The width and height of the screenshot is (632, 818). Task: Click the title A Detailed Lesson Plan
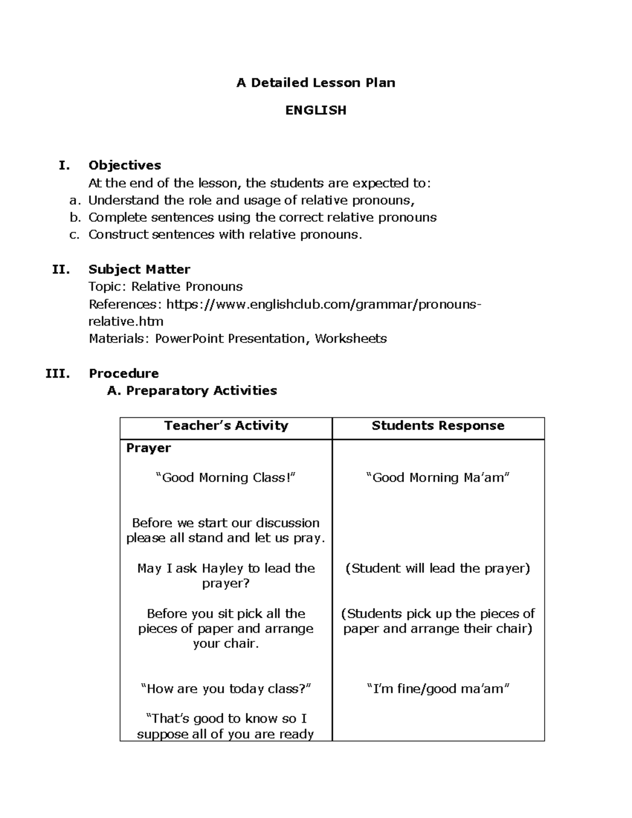(x=315, y=83)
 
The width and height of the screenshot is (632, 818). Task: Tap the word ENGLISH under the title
(x=315, y=110)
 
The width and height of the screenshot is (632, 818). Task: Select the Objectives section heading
(x=125, y=165)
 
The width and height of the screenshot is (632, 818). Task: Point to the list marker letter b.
(x=74, y=218)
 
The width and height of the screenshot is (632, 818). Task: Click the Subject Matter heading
(x=139, y=270)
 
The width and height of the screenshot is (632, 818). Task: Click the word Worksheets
(x=351, y=339)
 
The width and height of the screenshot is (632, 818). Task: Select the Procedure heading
(x=124, y=373)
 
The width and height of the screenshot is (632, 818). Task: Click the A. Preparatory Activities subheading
(x=192, y=391)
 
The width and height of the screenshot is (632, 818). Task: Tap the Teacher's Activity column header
(x=226, y=426)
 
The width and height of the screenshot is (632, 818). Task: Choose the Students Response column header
(x=438, y=426)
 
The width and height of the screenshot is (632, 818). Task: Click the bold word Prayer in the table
(x=149, y=448)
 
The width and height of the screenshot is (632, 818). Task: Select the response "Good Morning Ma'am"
(x=438, y=478)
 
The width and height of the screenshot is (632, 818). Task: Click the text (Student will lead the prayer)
(x=438, y=568)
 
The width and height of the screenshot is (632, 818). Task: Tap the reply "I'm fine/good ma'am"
(x=438, y=689)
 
